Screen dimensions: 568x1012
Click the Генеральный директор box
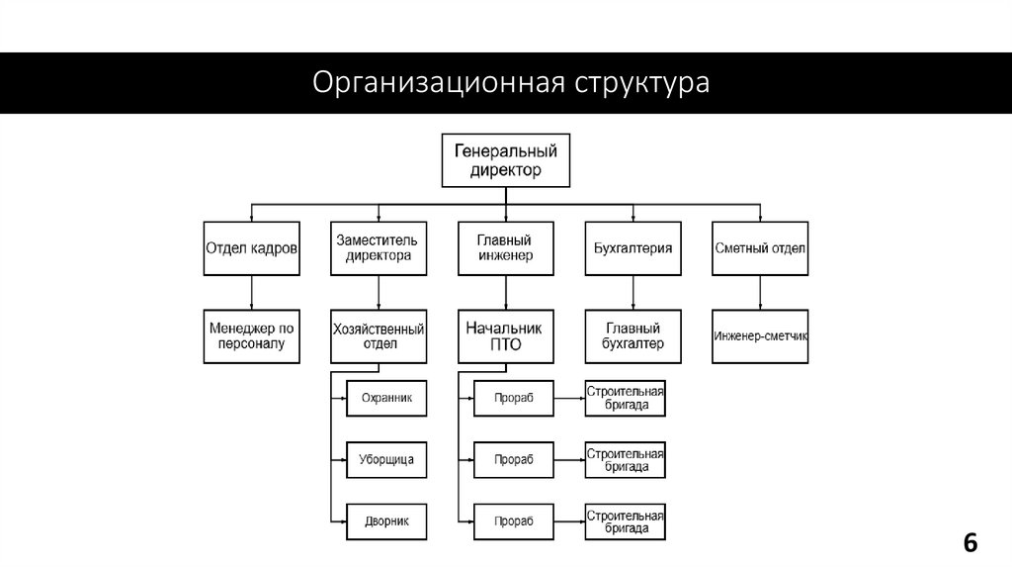(505, 160)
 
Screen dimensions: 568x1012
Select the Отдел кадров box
(251, 247)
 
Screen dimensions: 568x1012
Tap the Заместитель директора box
(378, 247)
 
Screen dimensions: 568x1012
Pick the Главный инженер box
(505, 247)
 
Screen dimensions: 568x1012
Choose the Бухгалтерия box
(632, 247)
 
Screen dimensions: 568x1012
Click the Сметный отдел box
(760, 247)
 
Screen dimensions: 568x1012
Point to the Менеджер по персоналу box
(251, 335)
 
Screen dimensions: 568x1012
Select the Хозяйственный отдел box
(378, 335)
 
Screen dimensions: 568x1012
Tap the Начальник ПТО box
(505, 335)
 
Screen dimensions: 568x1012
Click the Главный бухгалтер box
(632, 335)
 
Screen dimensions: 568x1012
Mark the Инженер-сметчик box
(760, 335)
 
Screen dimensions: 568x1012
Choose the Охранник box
(386, 398)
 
